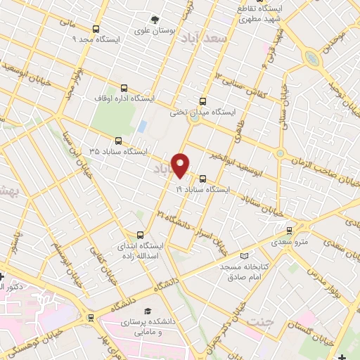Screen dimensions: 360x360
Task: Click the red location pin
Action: click(x=181, y=165)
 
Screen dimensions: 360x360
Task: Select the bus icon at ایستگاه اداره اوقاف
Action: click(x=124, y=89)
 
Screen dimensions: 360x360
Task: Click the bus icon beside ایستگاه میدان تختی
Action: click(x=203, y=101)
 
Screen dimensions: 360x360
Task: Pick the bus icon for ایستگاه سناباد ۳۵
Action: click(x=117, y=141)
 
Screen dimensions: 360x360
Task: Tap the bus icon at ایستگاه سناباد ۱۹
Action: click(x=203, y=179)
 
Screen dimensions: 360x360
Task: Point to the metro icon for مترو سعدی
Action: click(x=289, y=231)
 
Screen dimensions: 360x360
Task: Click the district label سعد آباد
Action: click(x=204, y=38)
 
